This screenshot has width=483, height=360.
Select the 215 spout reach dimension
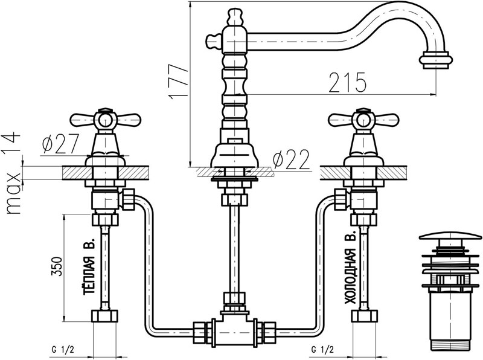point(348,82)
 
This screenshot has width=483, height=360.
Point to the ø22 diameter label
point(291,159)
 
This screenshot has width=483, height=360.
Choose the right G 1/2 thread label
point(323,349)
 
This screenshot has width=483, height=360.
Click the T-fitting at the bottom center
point(233,327)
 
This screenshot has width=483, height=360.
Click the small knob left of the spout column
point(213,40)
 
